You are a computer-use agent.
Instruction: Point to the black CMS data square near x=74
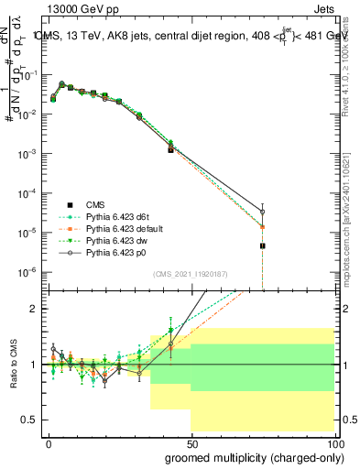[x=263, y=246]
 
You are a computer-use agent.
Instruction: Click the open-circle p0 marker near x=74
[x=263, y=212]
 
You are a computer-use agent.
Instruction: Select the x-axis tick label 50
[x=191, y=442]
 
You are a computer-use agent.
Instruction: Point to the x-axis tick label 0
[x=49, y=442]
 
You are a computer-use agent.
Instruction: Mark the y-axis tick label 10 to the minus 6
[x=27, y=272]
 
